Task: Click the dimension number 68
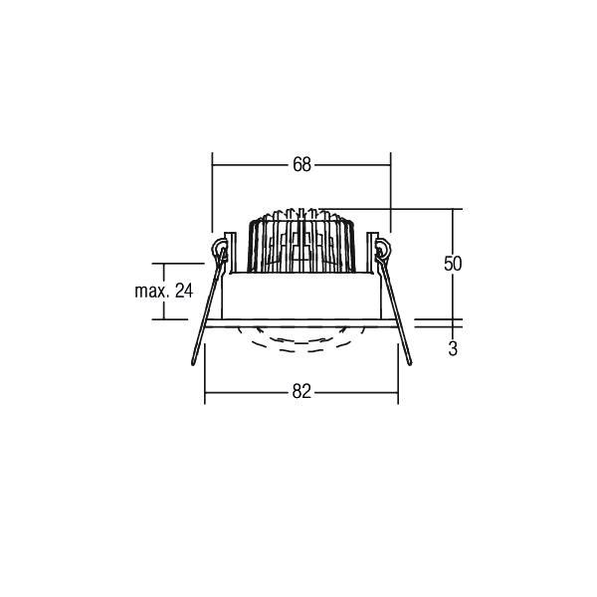301,165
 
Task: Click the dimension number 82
302,393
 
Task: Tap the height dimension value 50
453,264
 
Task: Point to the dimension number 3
453,349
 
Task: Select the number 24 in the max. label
182,292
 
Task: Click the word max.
151,292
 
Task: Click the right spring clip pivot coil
382,248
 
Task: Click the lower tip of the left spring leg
192,365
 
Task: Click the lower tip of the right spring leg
411,365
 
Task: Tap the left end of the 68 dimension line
213,165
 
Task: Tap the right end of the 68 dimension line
389,165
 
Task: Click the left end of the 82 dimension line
205,393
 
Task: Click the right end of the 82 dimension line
398,393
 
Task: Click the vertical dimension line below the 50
454,298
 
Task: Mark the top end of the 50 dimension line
454,209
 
